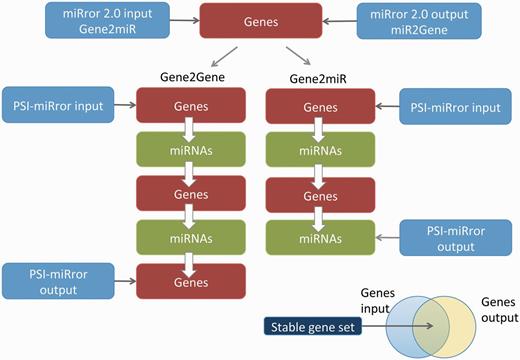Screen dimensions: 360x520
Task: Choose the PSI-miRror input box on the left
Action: (57, 103)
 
